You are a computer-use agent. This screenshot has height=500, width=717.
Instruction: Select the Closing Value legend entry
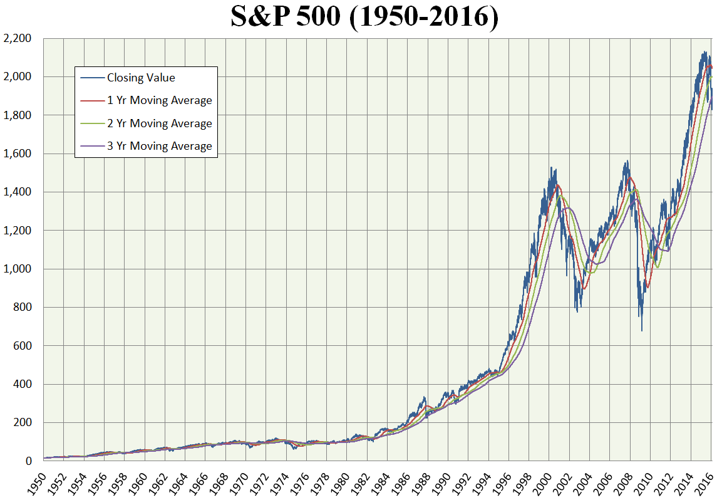coord(141,78)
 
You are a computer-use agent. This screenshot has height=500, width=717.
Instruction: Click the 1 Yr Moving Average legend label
coord(159,100)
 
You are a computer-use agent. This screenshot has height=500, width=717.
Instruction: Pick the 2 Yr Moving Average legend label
coord(159,123)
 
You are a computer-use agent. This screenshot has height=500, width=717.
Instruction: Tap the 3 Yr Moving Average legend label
coord(159,146)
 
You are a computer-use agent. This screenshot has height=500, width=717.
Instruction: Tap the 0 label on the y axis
coord(28,461)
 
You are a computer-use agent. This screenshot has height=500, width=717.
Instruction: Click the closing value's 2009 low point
coord(642,331)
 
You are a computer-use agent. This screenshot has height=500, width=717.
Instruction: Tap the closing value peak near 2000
coord(550,167)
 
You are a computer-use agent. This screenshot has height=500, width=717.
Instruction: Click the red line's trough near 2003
coord(584,288)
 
